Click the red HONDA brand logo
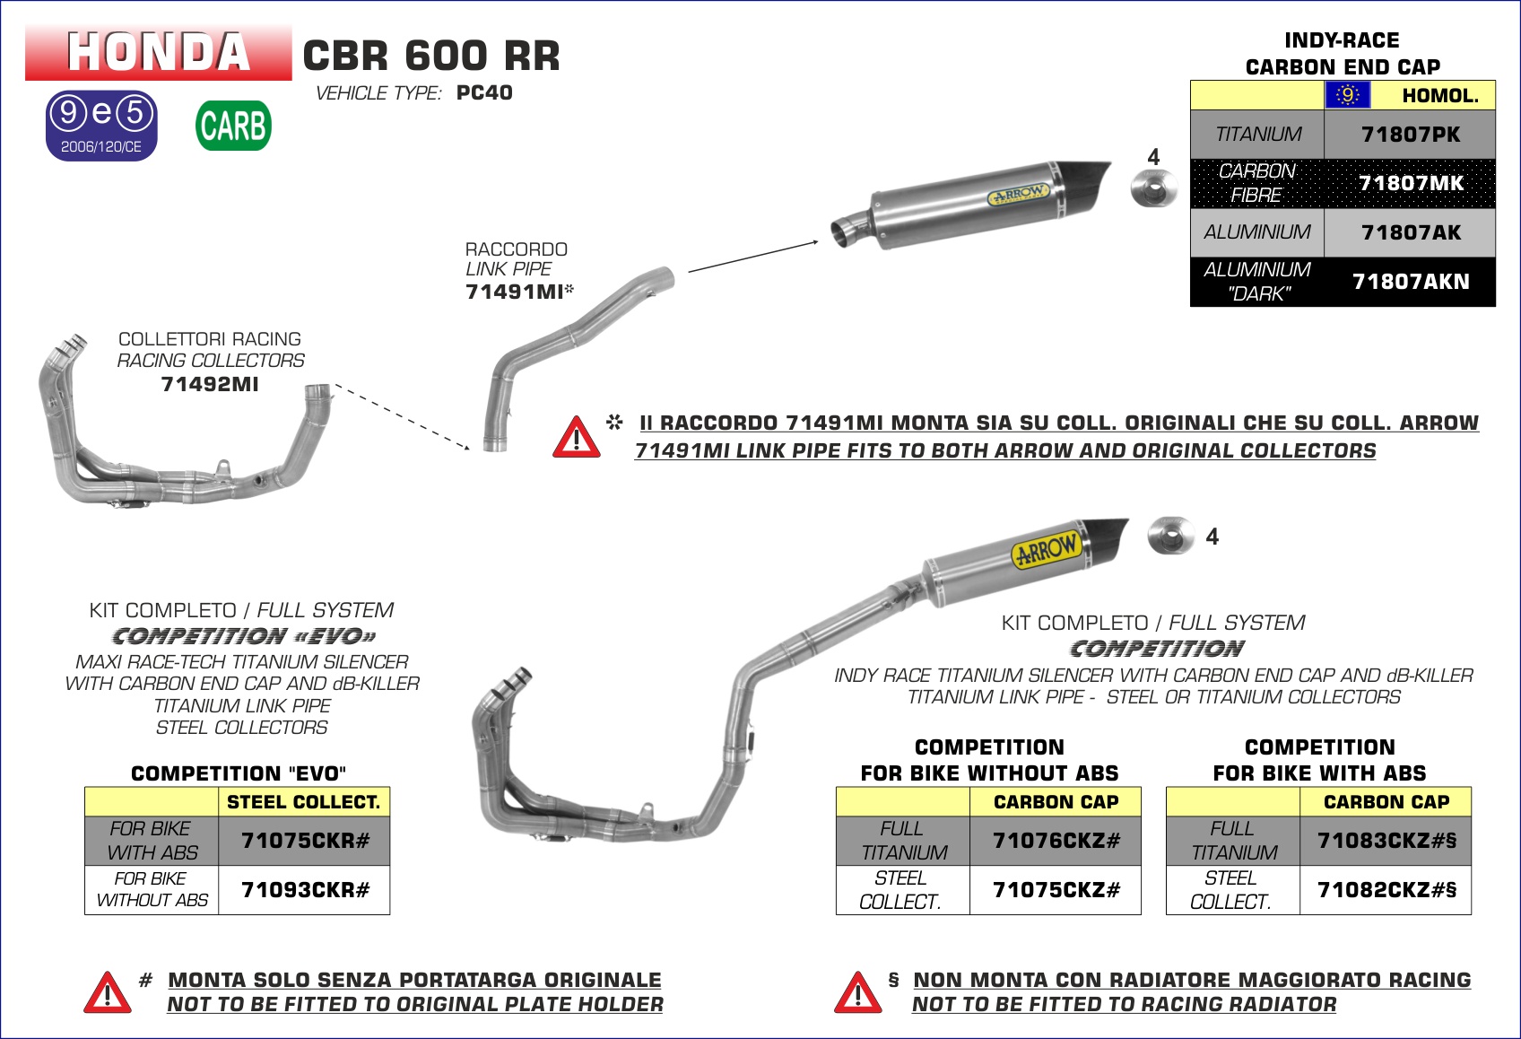158,52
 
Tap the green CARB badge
233,126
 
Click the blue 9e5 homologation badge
101,126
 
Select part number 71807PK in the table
1410,135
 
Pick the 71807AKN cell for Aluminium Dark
1410,282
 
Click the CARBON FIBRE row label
1256,183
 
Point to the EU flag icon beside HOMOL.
1347,95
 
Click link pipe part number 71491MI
514,292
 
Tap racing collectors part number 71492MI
210,384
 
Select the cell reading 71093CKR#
305,890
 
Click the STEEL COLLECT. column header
303,802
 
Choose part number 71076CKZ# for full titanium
1056,841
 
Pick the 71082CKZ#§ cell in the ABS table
1386,890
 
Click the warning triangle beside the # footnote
108,992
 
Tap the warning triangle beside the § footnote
857,992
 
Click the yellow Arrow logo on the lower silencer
1045,549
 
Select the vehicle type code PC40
484,93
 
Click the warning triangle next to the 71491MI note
576,437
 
